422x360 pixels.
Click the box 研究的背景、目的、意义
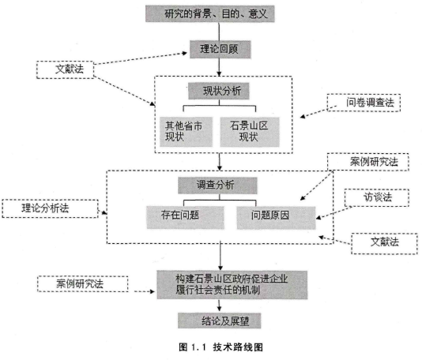[x=210, y=13]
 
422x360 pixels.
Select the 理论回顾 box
[x=220, y=49]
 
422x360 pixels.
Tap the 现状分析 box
[x=219, y=91]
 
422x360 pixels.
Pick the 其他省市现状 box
[x=186, y=132]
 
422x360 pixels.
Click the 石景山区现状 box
[x=250, y=132]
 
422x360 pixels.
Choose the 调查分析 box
[x=217, y=186]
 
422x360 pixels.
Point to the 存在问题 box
[x=186, y=218]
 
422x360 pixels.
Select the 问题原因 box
[x=276, y=218]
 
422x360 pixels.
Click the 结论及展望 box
[x=220, y=321]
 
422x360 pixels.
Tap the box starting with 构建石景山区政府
[x=232, y=285]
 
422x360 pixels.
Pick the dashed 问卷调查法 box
[x=364, y=103]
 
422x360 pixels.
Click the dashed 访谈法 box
[x=377, y=197]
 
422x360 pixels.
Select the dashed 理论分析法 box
[x=50, y=208]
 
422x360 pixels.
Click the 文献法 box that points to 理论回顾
[x=65, y=69]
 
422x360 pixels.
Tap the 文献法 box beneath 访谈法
[x=384, y=244]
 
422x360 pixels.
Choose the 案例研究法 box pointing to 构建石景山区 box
[x=83, y=284]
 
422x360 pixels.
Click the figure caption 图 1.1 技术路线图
[x=220, y=347]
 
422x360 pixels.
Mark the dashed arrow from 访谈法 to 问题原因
[x=334, y=212]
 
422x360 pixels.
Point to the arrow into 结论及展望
[x=220, y=306]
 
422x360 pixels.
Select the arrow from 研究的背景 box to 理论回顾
[x=219, y=32]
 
